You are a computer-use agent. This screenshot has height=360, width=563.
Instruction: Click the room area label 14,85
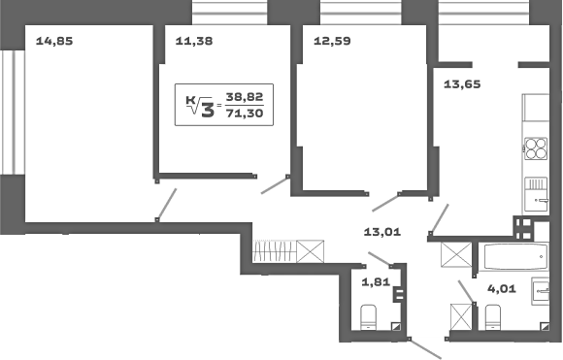click(53, 41)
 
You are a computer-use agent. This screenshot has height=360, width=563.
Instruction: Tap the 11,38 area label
click(194, 41)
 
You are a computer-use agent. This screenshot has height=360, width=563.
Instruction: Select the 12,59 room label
click(333, 41)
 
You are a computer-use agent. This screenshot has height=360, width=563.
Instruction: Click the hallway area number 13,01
click(382, 232)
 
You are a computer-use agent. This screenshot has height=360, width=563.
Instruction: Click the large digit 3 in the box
click(207, 107)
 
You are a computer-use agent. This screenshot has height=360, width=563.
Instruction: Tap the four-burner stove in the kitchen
click(537, 147)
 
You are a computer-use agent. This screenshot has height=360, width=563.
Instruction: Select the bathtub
click(516, 257)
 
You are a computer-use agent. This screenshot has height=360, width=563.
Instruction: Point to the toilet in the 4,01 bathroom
click(493, 317)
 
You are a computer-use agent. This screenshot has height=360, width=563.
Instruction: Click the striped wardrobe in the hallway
click(276, 250)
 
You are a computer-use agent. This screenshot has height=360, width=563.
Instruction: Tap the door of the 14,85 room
click(167, 204)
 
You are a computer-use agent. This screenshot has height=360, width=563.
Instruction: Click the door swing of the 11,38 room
click(275, 184)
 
